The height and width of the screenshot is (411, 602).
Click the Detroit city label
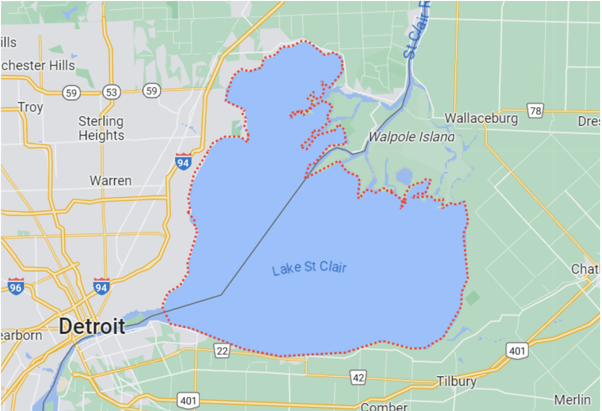(x=92, y=326)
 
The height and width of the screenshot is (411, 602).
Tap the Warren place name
(x=110, y=181)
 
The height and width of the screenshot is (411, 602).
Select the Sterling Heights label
(x=101, y=128)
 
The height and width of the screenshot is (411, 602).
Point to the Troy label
(x=30, y=107)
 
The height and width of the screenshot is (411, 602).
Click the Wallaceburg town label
(x=481, y=118)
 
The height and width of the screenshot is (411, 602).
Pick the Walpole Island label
(x=411, y=137)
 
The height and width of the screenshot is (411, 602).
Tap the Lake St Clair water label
(x=309, y=268)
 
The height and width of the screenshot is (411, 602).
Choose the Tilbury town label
(x=457, y=382)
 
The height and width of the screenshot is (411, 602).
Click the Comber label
(x=384, y=407)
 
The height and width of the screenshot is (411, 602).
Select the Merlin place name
(x=572, y=399)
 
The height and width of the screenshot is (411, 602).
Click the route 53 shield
(x=111, y=92)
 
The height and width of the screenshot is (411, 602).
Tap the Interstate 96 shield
(x=16, y=286)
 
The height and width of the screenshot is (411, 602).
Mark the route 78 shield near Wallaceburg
(x=535, y=110)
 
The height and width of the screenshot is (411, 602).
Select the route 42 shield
(x=358, y=378)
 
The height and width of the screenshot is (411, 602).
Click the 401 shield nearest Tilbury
(x=517, y=351)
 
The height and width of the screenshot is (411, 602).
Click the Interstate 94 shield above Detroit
(x=102, y=286)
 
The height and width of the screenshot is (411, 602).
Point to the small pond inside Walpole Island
(x=404, y=177)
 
